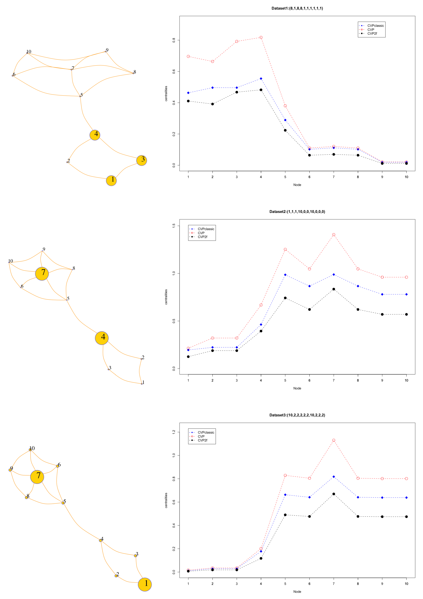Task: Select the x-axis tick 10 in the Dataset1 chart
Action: (x=406, y=177)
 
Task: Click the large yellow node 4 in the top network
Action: (x=95, y=135)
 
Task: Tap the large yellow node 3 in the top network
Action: (x=142, y=160)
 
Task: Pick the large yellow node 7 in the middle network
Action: (x=42, y=274)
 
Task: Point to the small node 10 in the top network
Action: (x=27, y=53)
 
